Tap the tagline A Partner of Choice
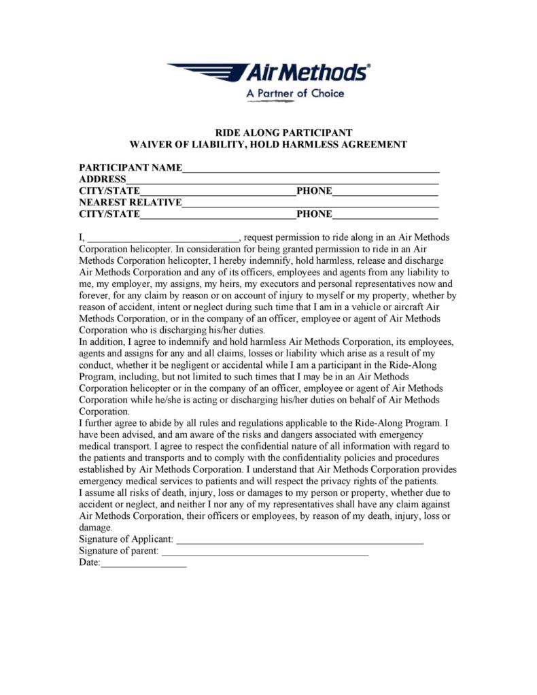pyautogui.click(x=295, y=93)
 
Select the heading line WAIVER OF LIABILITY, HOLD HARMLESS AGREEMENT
pyautogui.click(x=268, y=144)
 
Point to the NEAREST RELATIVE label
pyautogui.click(x=131, y=202)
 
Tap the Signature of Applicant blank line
pyautogui.click(x=300, y=542)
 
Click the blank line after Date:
pyautogui.click(x=143, y=565)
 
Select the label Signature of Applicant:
pyautogui.click(x=126, y=539)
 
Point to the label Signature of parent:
pyautogui.click(x=119, y=551)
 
